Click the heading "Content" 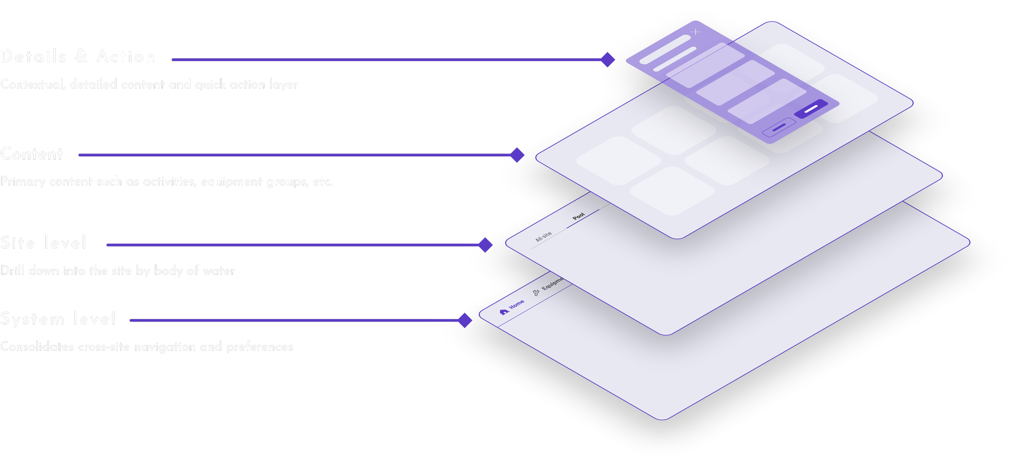coord(32,154)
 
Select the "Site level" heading coord(43,243)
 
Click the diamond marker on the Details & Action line coord(608,60)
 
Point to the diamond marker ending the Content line coord(517,155)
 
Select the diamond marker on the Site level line coord(485,245)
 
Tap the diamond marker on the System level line coord(465,320)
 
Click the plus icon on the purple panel coord(696,32)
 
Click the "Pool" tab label coord(579,216)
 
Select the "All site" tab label coord(544,236)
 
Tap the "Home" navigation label coord(517,304)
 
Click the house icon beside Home coord(504,312)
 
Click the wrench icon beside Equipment coord(536,293)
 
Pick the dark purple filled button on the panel coord(811,109)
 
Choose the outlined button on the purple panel coord(779,127)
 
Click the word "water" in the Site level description coord(219,271)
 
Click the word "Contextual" coord(32,84)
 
